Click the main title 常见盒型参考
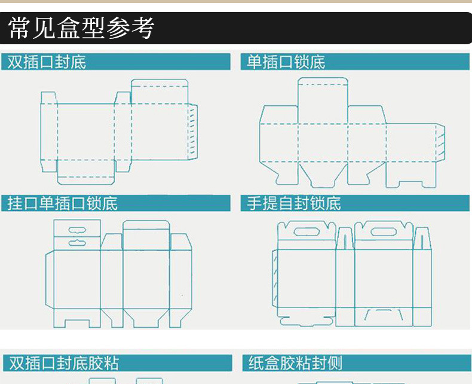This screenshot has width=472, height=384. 82,28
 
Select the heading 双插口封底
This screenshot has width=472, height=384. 47,62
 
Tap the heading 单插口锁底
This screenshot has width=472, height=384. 286,62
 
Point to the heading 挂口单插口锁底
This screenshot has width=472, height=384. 63,203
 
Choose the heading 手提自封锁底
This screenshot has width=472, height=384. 294,203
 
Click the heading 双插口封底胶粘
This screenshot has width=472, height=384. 64,363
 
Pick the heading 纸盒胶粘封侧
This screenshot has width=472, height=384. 295,363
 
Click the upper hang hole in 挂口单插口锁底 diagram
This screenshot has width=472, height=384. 77,230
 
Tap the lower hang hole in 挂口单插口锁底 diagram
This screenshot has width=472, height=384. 77,243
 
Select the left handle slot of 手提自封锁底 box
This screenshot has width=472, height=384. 307,232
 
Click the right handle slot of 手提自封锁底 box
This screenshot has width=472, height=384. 383,232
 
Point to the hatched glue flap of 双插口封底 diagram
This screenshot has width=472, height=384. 192,132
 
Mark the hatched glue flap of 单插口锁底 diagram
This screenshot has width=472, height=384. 440,142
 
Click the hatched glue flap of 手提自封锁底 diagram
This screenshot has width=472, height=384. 275,279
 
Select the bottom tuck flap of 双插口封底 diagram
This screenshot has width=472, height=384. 86,172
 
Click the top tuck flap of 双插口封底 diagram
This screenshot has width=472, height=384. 160,92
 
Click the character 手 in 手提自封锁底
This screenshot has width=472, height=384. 255,203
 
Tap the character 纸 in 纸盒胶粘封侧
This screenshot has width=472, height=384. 256,363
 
